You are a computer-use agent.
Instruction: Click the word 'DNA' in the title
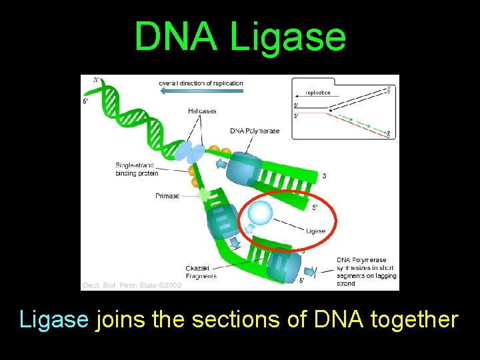click(175, 37)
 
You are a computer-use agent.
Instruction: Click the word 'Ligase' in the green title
click(288, 37)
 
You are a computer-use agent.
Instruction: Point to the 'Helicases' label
click(202, 111)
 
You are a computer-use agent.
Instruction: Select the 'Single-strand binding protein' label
click(135, 169)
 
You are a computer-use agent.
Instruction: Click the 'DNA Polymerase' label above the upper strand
click(255, 131)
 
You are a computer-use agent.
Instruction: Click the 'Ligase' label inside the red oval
click(315, 231)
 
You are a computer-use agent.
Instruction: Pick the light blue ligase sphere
click(259, 213)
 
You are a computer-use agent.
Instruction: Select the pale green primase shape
click(205, 196)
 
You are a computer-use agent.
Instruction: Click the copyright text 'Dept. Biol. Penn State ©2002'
click(131, 285)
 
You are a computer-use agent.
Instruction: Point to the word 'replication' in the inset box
click(318, 93)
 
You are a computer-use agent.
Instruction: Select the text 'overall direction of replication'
click(201, 83)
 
